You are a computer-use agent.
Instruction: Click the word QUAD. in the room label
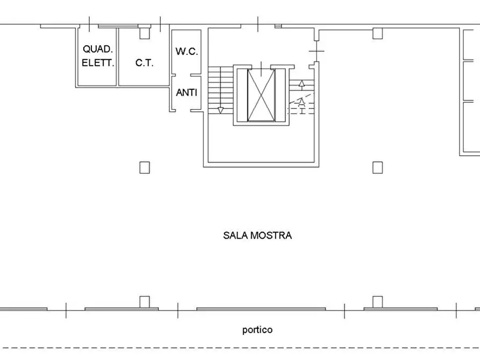click(x=97, y=49)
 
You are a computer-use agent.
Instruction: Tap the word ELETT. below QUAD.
click(x=97, y=63)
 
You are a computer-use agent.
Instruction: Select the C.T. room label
click(x=144, y=63)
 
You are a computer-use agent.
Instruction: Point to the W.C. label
click(x=187, y=52)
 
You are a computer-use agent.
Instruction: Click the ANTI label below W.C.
click(x=187, y=92)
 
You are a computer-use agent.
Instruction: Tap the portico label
click(x=257, y=330)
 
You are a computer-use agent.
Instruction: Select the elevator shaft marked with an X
click(x=261, y=95)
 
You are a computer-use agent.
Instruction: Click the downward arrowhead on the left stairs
click(x=220, y=111)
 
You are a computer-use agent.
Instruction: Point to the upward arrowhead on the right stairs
click(x=302, y=83)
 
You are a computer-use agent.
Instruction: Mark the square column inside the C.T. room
click(x=144, y=33)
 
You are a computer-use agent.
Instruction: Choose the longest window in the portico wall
click(x=261, y=309)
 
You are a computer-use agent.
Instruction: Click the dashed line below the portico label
click(x=240, y=348)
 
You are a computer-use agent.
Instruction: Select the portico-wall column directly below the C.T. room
click(x=144, y=301)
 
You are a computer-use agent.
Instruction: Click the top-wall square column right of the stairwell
click(x=377, y=33)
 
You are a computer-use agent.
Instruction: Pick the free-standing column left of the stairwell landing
click(x=144, y=167)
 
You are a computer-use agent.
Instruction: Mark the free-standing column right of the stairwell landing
click(x=377, y=167)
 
